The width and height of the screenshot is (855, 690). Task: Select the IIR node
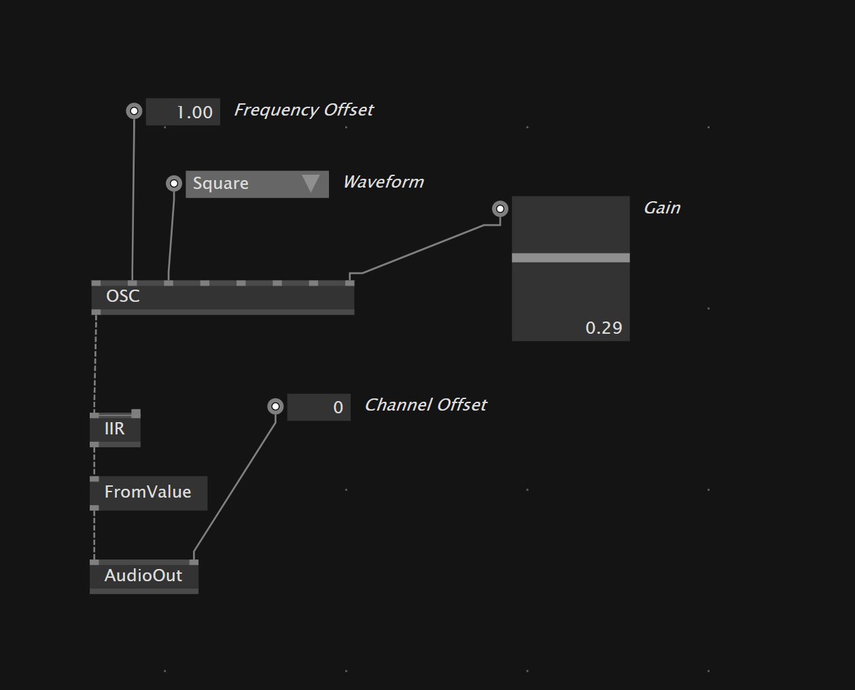coord(115,429)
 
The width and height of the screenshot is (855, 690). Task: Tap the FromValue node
coord(148,492)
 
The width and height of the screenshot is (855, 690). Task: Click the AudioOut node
coord(143,576)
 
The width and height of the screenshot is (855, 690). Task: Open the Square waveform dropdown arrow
coord(311,184)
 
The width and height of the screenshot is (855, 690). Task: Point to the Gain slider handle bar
coord(570,258)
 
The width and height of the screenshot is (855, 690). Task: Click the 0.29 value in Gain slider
coord(604,328)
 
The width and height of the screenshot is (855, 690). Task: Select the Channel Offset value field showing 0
coord(319,407)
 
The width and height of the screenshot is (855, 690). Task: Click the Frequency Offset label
coord(304,110)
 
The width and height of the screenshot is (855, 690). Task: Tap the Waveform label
coord(383,182)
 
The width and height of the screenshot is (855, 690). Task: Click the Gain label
coord(662,208)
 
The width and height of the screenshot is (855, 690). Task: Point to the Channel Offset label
coord(425,405)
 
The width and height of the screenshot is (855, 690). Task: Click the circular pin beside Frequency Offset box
coord(135,111)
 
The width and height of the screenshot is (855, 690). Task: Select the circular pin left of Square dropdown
coord(174,183)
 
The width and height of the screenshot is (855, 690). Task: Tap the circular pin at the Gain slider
coord(500,209)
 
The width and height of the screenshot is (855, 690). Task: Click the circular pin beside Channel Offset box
coord(275,407)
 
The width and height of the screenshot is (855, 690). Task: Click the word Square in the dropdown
coord(221,184)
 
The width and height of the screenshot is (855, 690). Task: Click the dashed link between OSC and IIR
coord(95,364)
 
